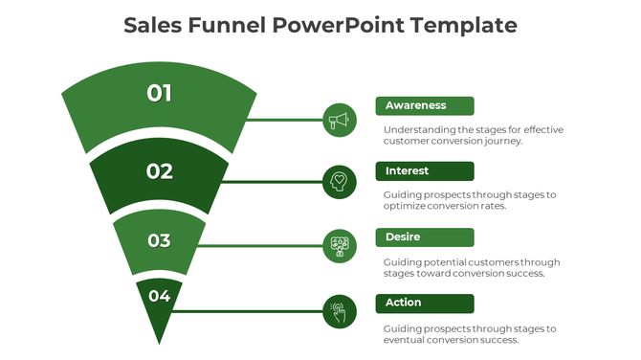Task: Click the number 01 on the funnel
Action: [160, 93]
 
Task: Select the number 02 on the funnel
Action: [160, 171]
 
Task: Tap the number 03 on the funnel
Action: [159, 240]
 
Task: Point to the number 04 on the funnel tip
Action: [159, 296]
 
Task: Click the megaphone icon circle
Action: [339, 121]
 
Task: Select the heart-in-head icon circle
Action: [339, 181]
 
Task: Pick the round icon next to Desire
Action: [339, 246]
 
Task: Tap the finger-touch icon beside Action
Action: [339, 310]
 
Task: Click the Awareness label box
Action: [425, 105]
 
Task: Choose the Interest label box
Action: [425, 171]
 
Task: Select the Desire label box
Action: [425, 237]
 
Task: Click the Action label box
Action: [425, 303]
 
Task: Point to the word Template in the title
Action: [464, 25]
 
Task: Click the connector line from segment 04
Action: [249, 310]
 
